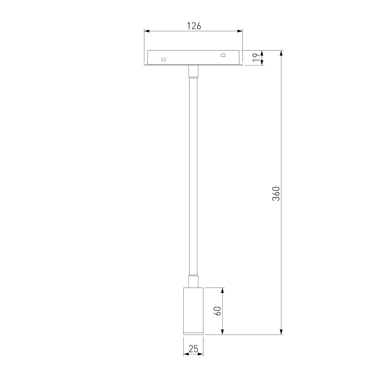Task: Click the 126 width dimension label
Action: click(x=194, y=26)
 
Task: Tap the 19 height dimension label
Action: click(x=256, y=58)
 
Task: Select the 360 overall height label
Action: click(x=276, y=194)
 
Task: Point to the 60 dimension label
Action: click(x=218, y=311)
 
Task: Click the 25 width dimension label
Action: click(x=193, y=349)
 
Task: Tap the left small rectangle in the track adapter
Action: click(x=163, y=59)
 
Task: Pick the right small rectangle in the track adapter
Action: click(x=223, y=55)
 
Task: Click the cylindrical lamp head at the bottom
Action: click(x=193, y=311)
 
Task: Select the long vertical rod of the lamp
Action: click(x=193, y=176)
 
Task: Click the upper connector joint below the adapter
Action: click(x=193, y=72)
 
